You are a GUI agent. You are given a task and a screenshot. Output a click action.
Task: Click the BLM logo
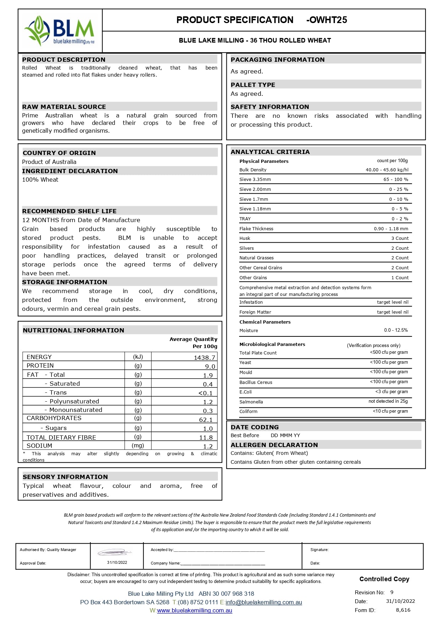[60, 31]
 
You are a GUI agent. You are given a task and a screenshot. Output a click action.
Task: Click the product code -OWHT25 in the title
[326, 20]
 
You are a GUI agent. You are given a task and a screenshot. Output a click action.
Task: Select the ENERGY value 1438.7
[204, 358]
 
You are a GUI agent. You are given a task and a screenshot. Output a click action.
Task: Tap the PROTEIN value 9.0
[210, 367]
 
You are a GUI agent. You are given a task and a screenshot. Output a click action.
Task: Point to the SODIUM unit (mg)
[138, 446]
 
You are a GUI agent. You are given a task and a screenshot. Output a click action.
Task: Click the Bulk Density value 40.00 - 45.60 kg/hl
[387, 170]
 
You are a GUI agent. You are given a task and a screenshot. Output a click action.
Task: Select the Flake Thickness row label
[256, 229]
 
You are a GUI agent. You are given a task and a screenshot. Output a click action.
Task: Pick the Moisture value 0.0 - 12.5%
[396, 330]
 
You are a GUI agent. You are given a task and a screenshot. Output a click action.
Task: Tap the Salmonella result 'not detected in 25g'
[388, 401]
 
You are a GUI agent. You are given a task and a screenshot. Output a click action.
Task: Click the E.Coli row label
[246, 392]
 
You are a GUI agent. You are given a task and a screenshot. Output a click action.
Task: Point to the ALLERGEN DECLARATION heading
[274, 445]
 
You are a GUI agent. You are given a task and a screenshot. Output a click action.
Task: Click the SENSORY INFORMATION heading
[65, 477]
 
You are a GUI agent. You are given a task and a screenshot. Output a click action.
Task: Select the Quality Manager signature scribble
[114, 552]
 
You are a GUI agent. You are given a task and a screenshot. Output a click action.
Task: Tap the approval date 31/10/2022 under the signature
[117, 562]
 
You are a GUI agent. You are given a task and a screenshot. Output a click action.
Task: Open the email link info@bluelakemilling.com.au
[264, 602]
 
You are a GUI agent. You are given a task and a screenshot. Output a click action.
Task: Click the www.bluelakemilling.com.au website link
[194, 611]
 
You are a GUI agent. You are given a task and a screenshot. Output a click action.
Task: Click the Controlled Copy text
[384, 579]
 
